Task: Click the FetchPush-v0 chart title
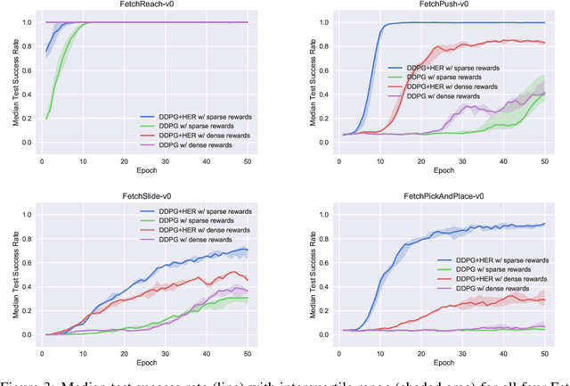[439, 4]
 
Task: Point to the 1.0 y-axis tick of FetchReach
[28, 22]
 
